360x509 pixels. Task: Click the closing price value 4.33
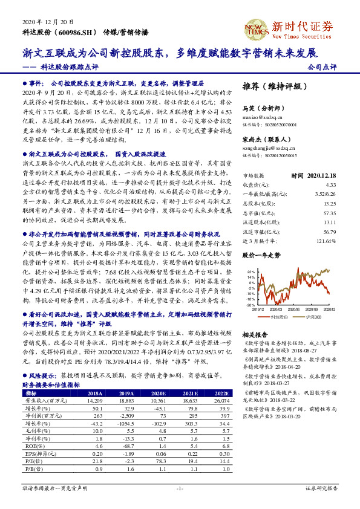(330, 184)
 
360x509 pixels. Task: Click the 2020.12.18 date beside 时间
(321, 175)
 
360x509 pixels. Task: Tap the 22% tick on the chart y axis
(251, 273)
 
